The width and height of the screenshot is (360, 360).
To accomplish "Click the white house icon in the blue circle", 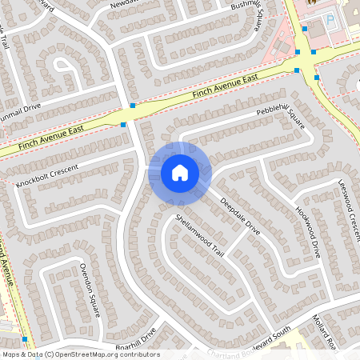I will click(x=180, y=172).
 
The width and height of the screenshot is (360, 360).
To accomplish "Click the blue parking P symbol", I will click(x=330, y=20).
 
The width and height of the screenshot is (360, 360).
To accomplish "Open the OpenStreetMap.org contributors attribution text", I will click(x=80, y=354).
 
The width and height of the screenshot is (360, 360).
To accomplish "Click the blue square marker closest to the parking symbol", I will click(x=314, y=53).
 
